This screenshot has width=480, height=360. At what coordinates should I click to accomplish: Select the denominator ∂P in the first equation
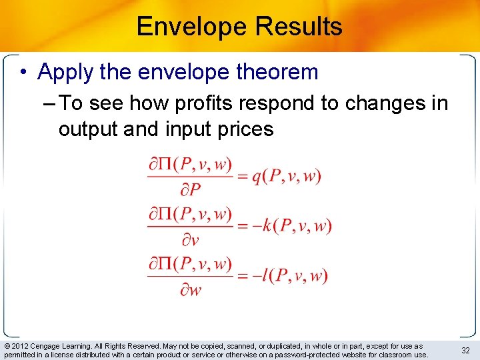[190, 191]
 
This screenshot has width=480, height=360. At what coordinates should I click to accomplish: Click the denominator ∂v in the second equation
[190, 240]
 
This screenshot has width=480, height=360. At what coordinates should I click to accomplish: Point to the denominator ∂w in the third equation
[190, 290]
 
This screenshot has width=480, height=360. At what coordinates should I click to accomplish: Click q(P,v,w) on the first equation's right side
[287, 177]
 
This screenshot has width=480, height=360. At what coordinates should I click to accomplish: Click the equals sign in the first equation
[242, 177]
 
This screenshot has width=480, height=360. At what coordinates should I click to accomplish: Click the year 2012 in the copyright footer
[20, 347]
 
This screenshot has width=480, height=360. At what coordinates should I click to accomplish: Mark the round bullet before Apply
[24, 73]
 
